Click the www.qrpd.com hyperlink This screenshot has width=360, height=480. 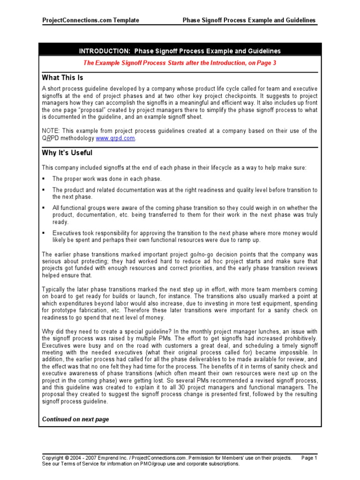coord(116,139)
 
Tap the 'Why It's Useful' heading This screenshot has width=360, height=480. coord(67,153)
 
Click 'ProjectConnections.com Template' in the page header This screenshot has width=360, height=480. coord(90,20)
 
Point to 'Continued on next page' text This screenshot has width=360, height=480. coord(75,419)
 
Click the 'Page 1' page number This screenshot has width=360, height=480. coord(309,457)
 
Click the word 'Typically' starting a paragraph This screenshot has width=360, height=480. coord(54,290)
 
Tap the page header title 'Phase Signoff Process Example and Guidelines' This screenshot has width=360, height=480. coord(249,20)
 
